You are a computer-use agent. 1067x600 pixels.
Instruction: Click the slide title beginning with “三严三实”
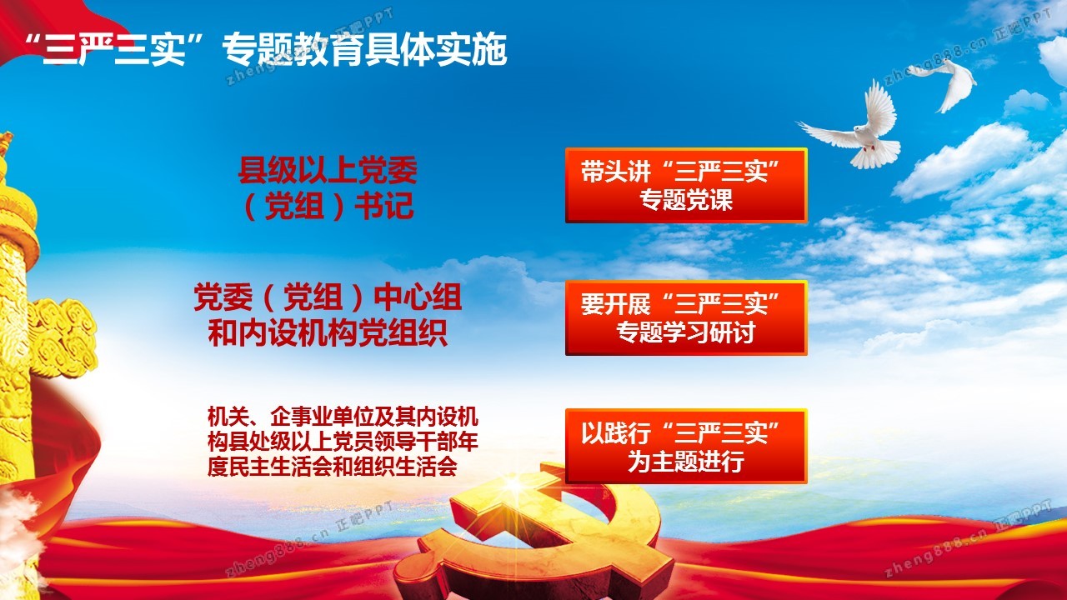tap(266, 49)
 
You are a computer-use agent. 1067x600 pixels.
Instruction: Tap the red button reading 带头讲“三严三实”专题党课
tap(686, 185)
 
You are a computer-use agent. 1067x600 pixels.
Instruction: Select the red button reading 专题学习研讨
tap(686, 317)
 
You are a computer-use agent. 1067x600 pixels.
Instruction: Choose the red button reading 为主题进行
tap(686, 446)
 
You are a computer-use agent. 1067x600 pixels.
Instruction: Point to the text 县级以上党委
tap(328, 170)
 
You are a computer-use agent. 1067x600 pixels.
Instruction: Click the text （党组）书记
tap(328, 206)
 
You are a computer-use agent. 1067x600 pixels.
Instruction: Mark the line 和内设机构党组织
tap(328, 332)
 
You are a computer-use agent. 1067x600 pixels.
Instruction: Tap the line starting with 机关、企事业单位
tap(343, 417)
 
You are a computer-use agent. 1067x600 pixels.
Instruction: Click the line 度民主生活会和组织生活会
tap(332, 466)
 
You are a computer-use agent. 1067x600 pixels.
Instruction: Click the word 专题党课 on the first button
tap(686, 200)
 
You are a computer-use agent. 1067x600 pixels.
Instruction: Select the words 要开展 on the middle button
tap(615, 304)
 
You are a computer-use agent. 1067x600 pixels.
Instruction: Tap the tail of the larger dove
tap(875, 153)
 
